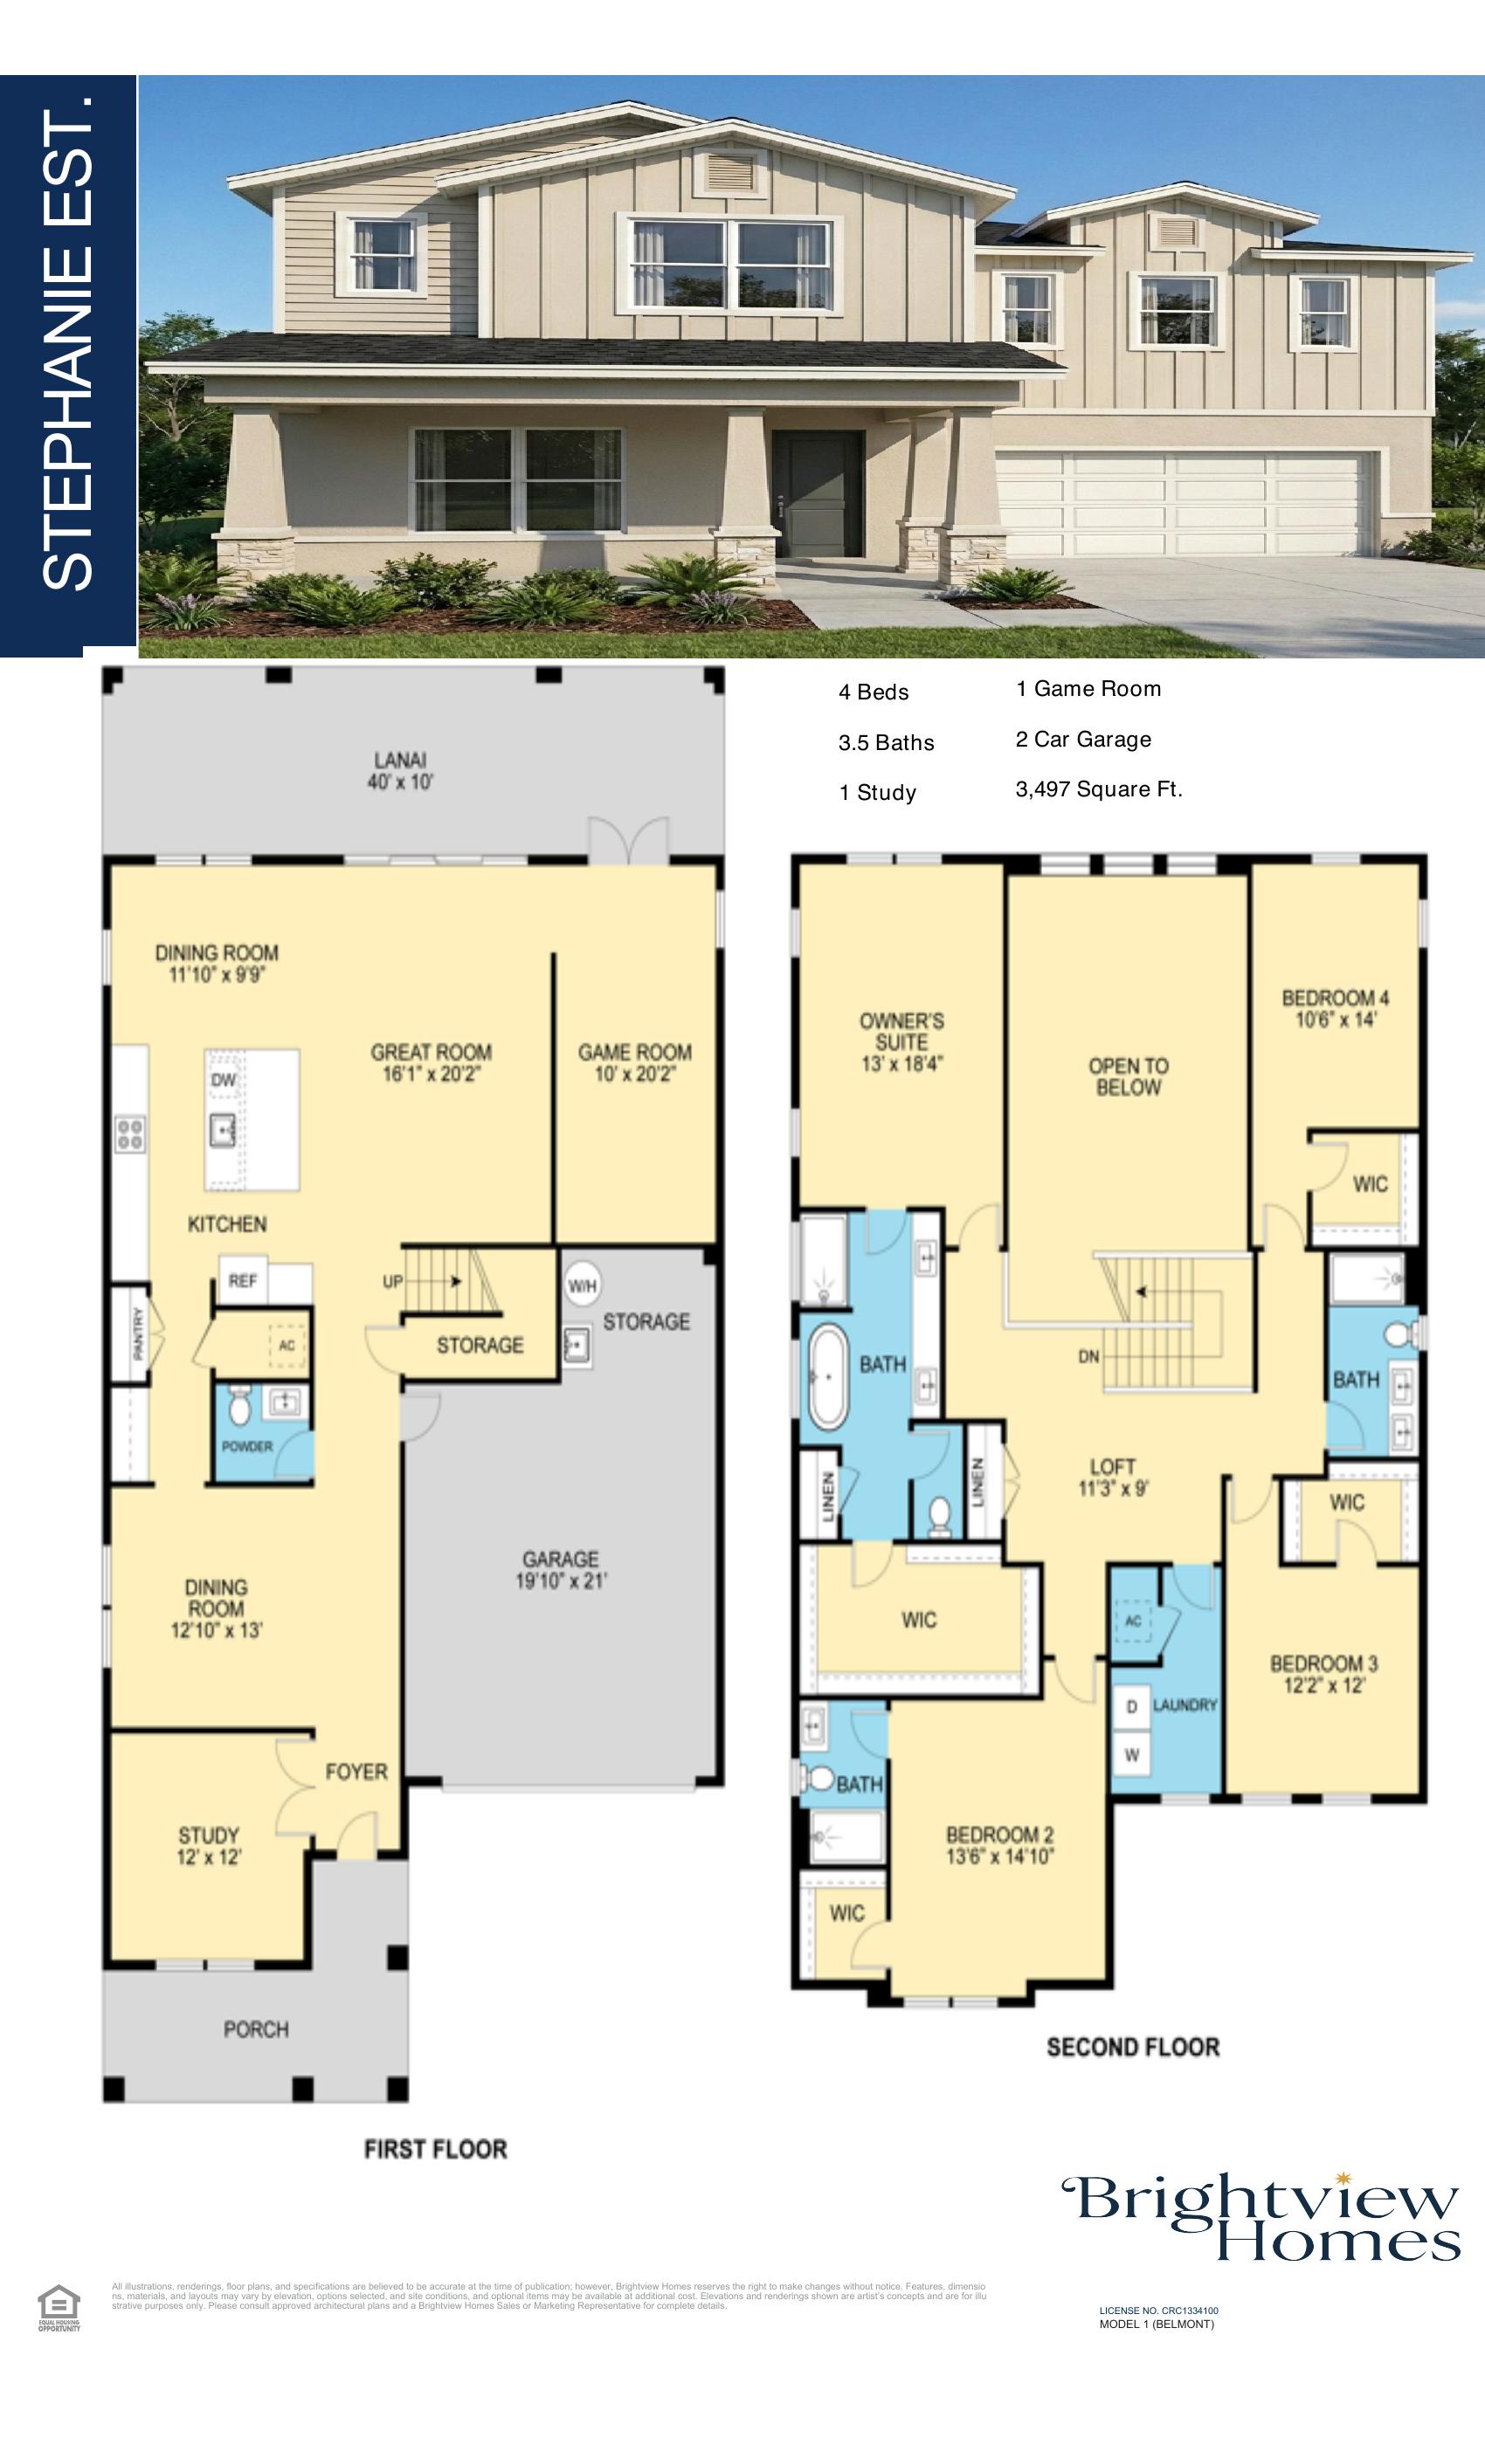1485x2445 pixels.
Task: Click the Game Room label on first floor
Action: point(634,1062)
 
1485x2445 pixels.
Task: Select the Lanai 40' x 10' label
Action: point(400,770)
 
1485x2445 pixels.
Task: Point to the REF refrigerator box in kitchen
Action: point(243,1280)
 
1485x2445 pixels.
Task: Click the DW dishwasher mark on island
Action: point(224,1079)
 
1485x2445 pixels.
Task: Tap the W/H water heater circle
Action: point(582,1286)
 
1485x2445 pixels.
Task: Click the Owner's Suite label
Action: point(901,1041)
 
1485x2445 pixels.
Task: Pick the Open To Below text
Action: point(1128,1076)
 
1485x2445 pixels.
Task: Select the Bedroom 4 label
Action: point(1335,1007)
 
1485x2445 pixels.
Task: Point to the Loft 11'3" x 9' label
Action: point(1112,1477)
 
